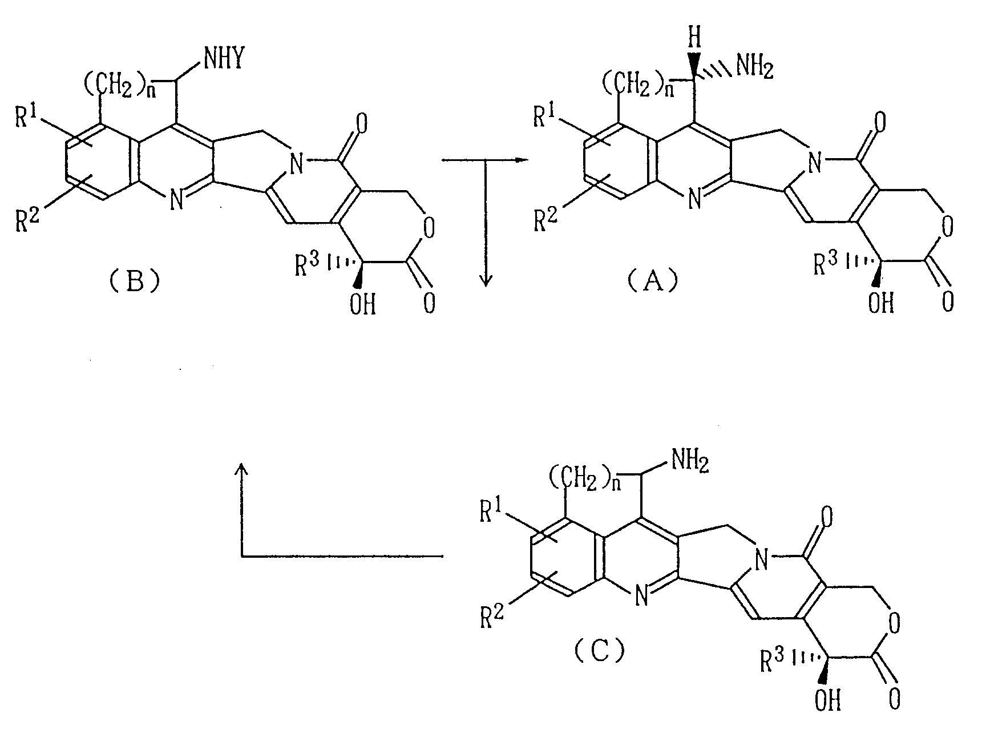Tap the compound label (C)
[x=599, y=650]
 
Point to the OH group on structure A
[x=880, y=303]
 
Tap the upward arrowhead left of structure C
[x=242, y=469]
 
